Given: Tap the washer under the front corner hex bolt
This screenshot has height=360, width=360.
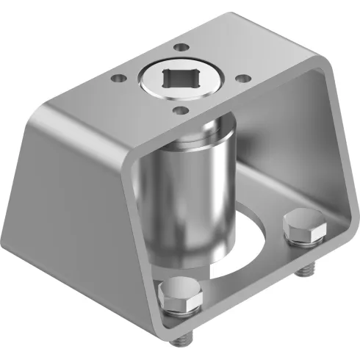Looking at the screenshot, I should pyautogui.click(x=181, y=309).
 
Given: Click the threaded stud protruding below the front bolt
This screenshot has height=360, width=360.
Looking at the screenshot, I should pyautogui.click(x=187, y=337).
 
